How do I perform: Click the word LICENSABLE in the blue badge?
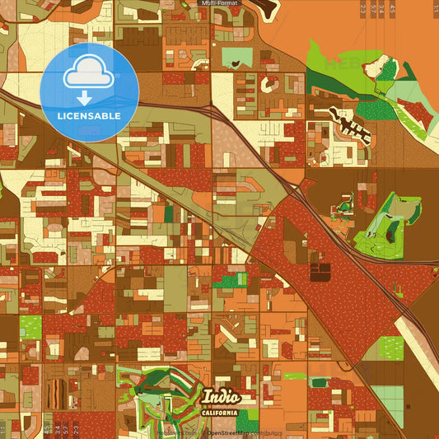coord(89,116)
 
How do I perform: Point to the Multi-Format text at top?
coord(219,4)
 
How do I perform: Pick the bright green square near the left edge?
coord(30,327)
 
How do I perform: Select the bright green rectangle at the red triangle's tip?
coord(230,281)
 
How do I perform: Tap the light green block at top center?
coord(237,58)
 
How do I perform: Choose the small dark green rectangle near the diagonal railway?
coord(170,212)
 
